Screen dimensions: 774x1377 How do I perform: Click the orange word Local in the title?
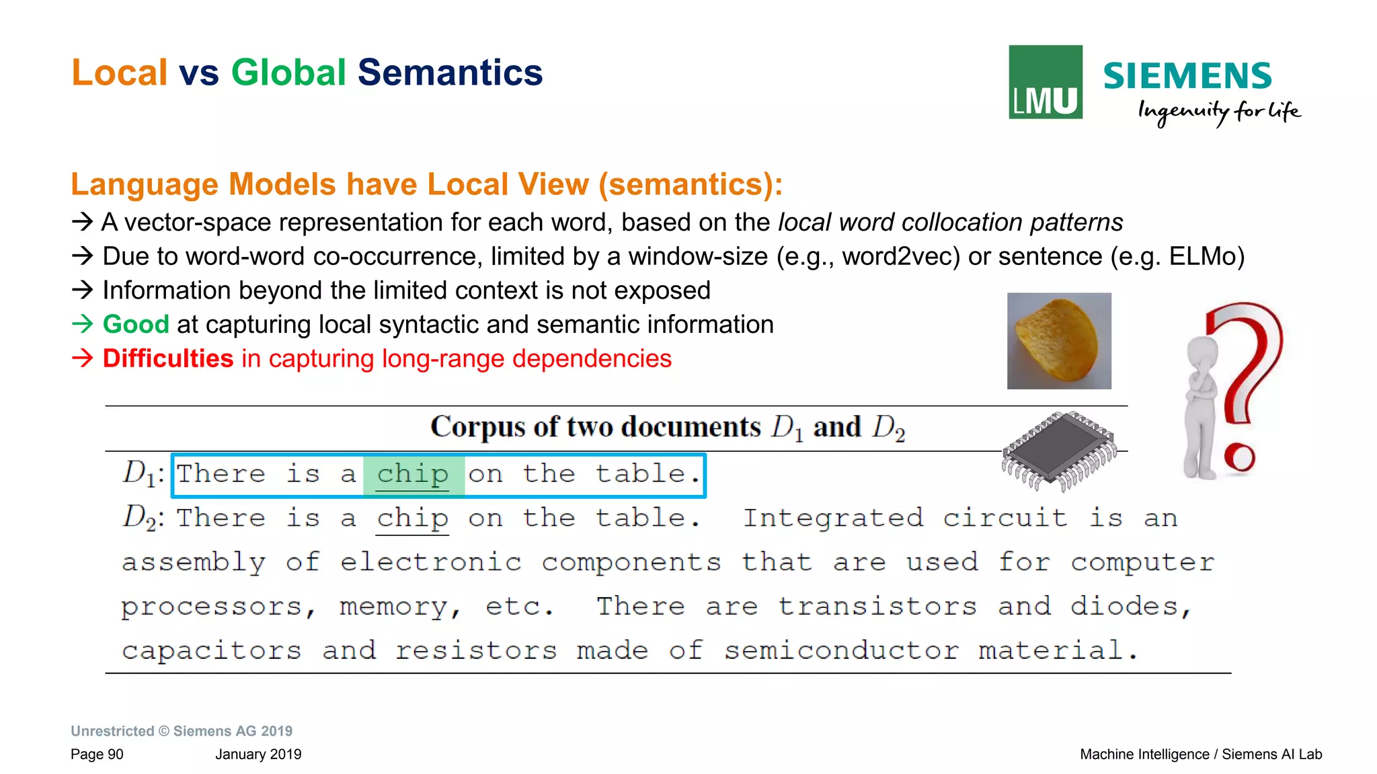(x=119, y=73)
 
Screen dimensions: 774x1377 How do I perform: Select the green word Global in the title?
(x=288, y=73)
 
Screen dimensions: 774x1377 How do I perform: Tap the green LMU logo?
(x=1045, y=82)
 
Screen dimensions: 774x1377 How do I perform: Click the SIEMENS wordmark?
(x=1187, y=76)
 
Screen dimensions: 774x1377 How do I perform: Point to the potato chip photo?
(x=1059, y=341)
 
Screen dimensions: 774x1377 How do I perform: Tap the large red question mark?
(x=1245, y=377)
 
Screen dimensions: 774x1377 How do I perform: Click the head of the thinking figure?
(x=1202, y=351)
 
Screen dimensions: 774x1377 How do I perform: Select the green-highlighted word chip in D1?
(x=413, y=475)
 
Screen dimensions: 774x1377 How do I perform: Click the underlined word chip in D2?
(x=413, y=518)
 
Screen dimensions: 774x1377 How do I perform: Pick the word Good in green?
(x=135, y=325)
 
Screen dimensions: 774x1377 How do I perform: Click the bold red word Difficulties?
(x=167, y=359)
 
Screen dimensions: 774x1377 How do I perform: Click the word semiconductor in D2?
(x=841, y=651)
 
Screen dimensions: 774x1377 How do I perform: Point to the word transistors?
(x=877, y=607)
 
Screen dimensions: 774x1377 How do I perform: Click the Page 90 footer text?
(x=97, y=754)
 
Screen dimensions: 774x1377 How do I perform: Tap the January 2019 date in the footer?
(x=258, y=754)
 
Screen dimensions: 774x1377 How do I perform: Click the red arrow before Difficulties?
(x=82, y=358)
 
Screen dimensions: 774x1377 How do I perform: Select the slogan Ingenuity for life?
(x=1218, y=112)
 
